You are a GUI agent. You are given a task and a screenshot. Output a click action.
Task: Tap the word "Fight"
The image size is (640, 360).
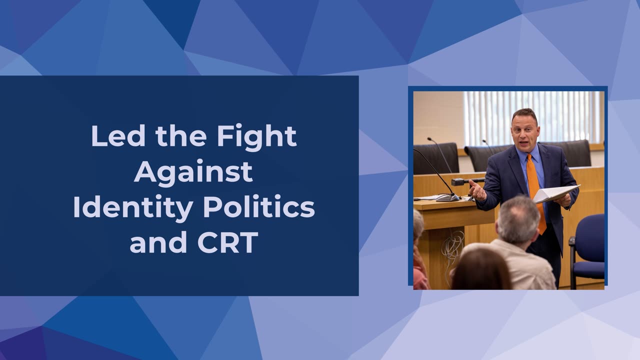(x=256, y=137)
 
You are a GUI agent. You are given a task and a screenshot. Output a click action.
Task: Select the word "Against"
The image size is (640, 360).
(x=193, y=173)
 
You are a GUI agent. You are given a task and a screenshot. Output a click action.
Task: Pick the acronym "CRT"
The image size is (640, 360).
(x=227, y=242)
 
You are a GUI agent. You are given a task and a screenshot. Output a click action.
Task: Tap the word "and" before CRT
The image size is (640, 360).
(x=158, y=242)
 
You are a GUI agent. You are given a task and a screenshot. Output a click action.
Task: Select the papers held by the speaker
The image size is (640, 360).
(x=555, y=193)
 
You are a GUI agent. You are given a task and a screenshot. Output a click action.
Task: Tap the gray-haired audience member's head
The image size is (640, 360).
(x=517, y=219)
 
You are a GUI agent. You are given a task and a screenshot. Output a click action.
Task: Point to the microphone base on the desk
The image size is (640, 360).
(x=447, y=197)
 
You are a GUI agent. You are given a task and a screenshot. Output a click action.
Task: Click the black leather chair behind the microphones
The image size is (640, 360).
(x=436, y=158)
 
